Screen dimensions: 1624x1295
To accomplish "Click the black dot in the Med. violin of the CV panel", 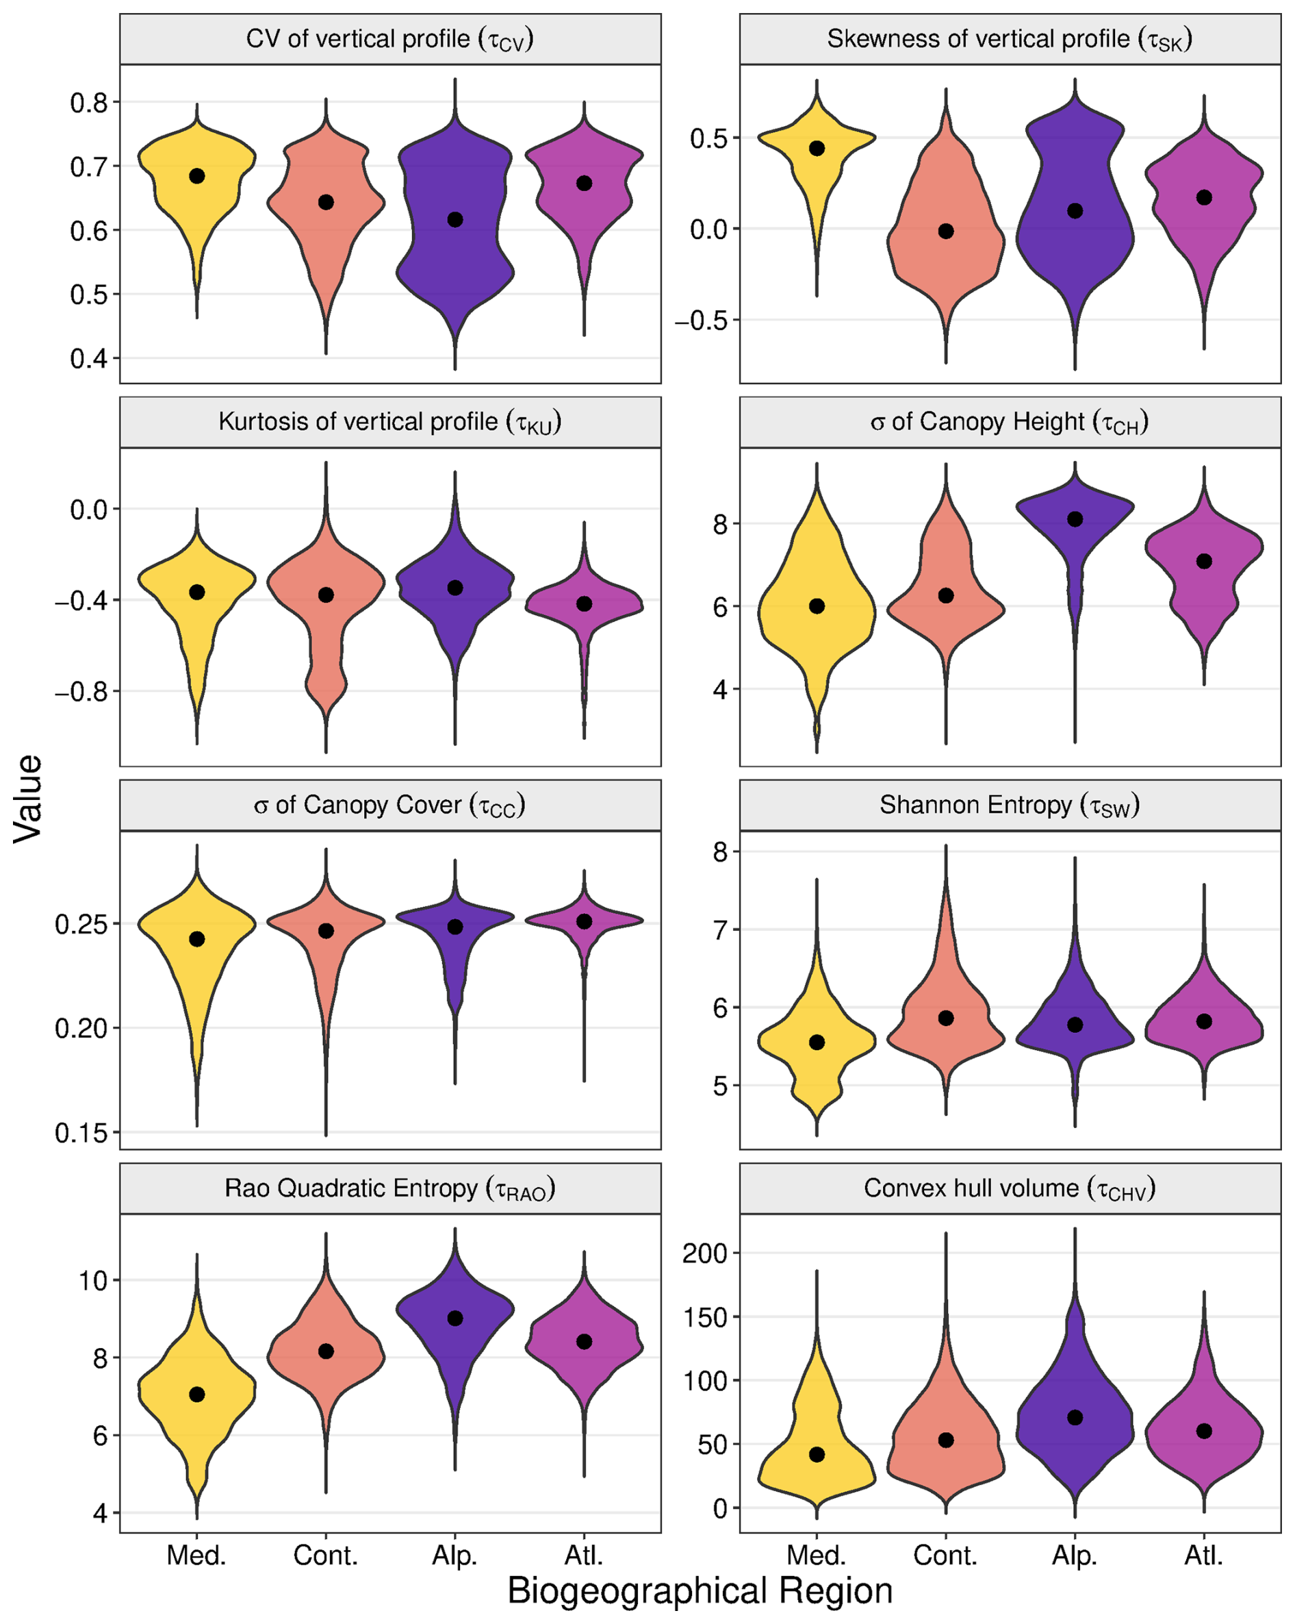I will point(196,175).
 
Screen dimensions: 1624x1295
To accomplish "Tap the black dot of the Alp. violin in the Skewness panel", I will point(1075,211).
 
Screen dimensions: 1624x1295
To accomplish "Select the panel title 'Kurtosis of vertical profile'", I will point(389,423).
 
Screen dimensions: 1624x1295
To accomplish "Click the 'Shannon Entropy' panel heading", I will point(1009,806).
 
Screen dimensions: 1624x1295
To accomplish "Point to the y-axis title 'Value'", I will point(29,798).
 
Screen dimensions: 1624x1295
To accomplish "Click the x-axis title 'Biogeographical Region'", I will point(700,1591).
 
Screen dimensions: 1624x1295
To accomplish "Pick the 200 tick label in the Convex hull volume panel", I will point(706,1253).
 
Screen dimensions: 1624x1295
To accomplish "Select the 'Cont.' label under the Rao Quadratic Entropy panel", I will point(325,1555).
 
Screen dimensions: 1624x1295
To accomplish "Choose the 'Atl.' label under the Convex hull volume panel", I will point(1203,1555).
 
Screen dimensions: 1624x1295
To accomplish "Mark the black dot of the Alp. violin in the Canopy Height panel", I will point(1075,519).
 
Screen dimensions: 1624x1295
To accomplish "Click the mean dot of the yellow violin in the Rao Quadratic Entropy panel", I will point(196,1395).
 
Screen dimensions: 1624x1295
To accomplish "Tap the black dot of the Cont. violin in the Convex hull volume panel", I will point(946,1440).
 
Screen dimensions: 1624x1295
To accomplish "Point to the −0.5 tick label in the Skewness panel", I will point(706,321).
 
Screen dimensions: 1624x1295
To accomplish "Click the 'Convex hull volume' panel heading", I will point(1009,1188).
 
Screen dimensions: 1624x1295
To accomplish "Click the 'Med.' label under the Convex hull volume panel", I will point(816,1555).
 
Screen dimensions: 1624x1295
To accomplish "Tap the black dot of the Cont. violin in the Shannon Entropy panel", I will point(946,1019).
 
